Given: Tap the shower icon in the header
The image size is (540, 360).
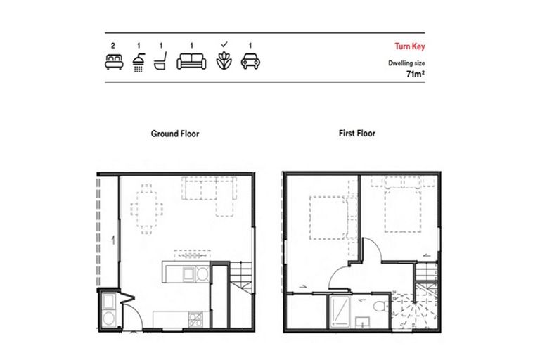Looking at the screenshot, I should click(139, 62).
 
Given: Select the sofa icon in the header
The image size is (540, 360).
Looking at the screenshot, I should click(189, 62).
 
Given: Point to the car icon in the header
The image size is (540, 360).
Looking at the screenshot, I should click(250, 62).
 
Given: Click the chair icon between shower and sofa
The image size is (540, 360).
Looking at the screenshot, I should click(160, 62).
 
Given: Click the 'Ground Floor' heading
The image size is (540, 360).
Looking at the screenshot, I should click(175, 133).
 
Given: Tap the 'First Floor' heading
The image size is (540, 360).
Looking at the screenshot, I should click(357, 133).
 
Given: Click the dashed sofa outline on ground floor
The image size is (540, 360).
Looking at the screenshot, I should click(210, 191).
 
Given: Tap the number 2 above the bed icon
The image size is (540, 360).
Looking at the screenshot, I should click(112, 46).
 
